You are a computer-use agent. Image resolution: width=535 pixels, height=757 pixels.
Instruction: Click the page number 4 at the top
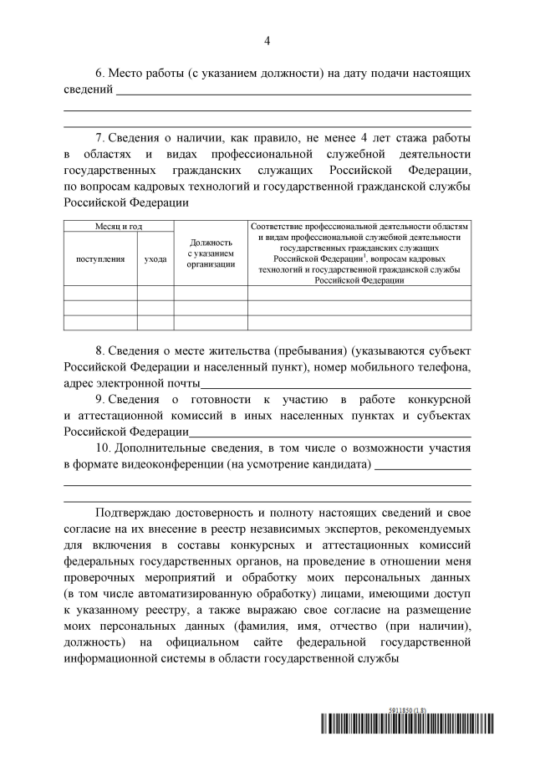[267, 40]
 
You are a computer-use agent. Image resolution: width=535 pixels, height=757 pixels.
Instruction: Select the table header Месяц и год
[119, 227]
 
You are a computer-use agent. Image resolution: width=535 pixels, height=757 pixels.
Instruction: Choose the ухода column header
[155, 259]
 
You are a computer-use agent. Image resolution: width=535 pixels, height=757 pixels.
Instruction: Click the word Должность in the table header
[211, 243]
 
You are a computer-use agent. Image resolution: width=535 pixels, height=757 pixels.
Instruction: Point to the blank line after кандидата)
[422, 468]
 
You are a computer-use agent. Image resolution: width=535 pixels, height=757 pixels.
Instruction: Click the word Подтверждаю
[137, 511]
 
